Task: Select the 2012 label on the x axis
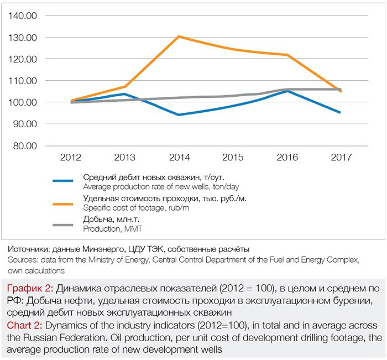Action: pos(71,158)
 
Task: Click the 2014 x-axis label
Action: pos(179,158)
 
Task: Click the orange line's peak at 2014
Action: pos(179,36)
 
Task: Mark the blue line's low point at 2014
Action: pos(179,115)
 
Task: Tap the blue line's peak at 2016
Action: pos(286,91)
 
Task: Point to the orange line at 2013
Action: pos(125,86)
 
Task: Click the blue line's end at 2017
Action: pos(340,112)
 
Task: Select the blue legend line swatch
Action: pos(63,181)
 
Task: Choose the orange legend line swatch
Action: pos(63,203)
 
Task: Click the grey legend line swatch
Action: pos(63,225)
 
